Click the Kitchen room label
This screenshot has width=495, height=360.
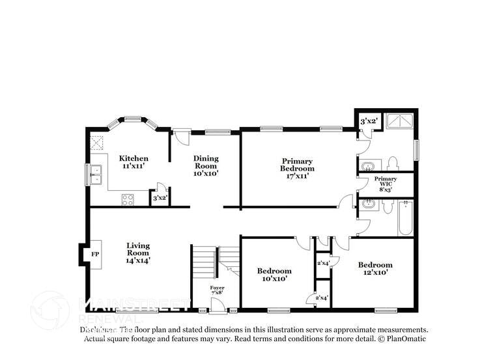point(133,162)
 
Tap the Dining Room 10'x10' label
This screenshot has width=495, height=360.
point(206,165)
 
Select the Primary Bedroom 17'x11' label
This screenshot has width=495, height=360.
point(297,168)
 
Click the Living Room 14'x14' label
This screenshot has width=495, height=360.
point(137,253)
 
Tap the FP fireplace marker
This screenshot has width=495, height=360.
point(95,254)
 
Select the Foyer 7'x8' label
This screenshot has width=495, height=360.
point(217,290)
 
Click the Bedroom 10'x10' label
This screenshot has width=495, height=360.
point(274,274)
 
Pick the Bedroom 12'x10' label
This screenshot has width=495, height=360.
point(375,268)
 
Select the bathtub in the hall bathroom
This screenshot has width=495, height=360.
point(405,217)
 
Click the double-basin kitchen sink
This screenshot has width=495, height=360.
point(96,174)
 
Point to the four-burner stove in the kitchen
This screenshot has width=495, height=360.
point(128,200)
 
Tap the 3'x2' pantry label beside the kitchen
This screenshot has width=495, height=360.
point(160,198)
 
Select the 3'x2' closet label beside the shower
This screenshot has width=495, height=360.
point(368,121)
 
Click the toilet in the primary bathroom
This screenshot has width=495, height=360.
point(392,163)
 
